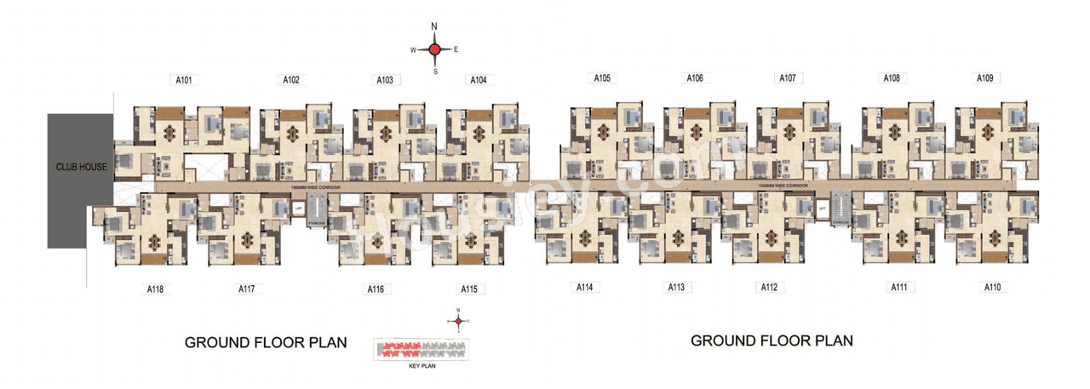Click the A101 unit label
(183, 81)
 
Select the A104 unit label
(478, 80)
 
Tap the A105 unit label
(602, 78)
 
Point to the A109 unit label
(984, 78)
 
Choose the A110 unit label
(992, 288)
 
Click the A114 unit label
(583, 288)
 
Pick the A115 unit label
(468, 289)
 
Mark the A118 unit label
(154, 289)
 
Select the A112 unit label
(768, 288)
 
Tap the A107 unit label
(788, 78)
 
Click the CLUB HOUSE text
(81, 167)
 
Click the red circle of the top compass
(434, 50)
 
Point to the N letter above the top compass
(434, 27)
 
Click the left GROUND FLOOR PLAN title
(266, 343)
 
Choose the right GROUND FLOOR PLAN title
(772, 340)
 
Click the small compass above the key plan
(458, 321)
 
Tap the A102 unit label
(291, 80)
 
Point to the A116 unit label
(376, 289)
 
